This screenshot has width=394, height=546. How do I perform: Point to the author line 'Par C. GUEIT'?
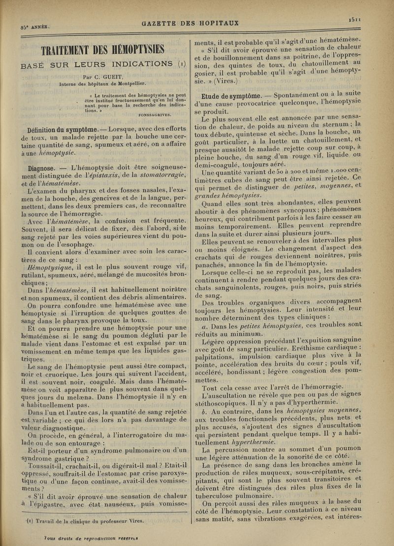[x=103, y=76]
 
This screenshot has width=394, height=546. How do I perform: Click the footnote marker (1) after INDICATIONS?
[x=181, y=64]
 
